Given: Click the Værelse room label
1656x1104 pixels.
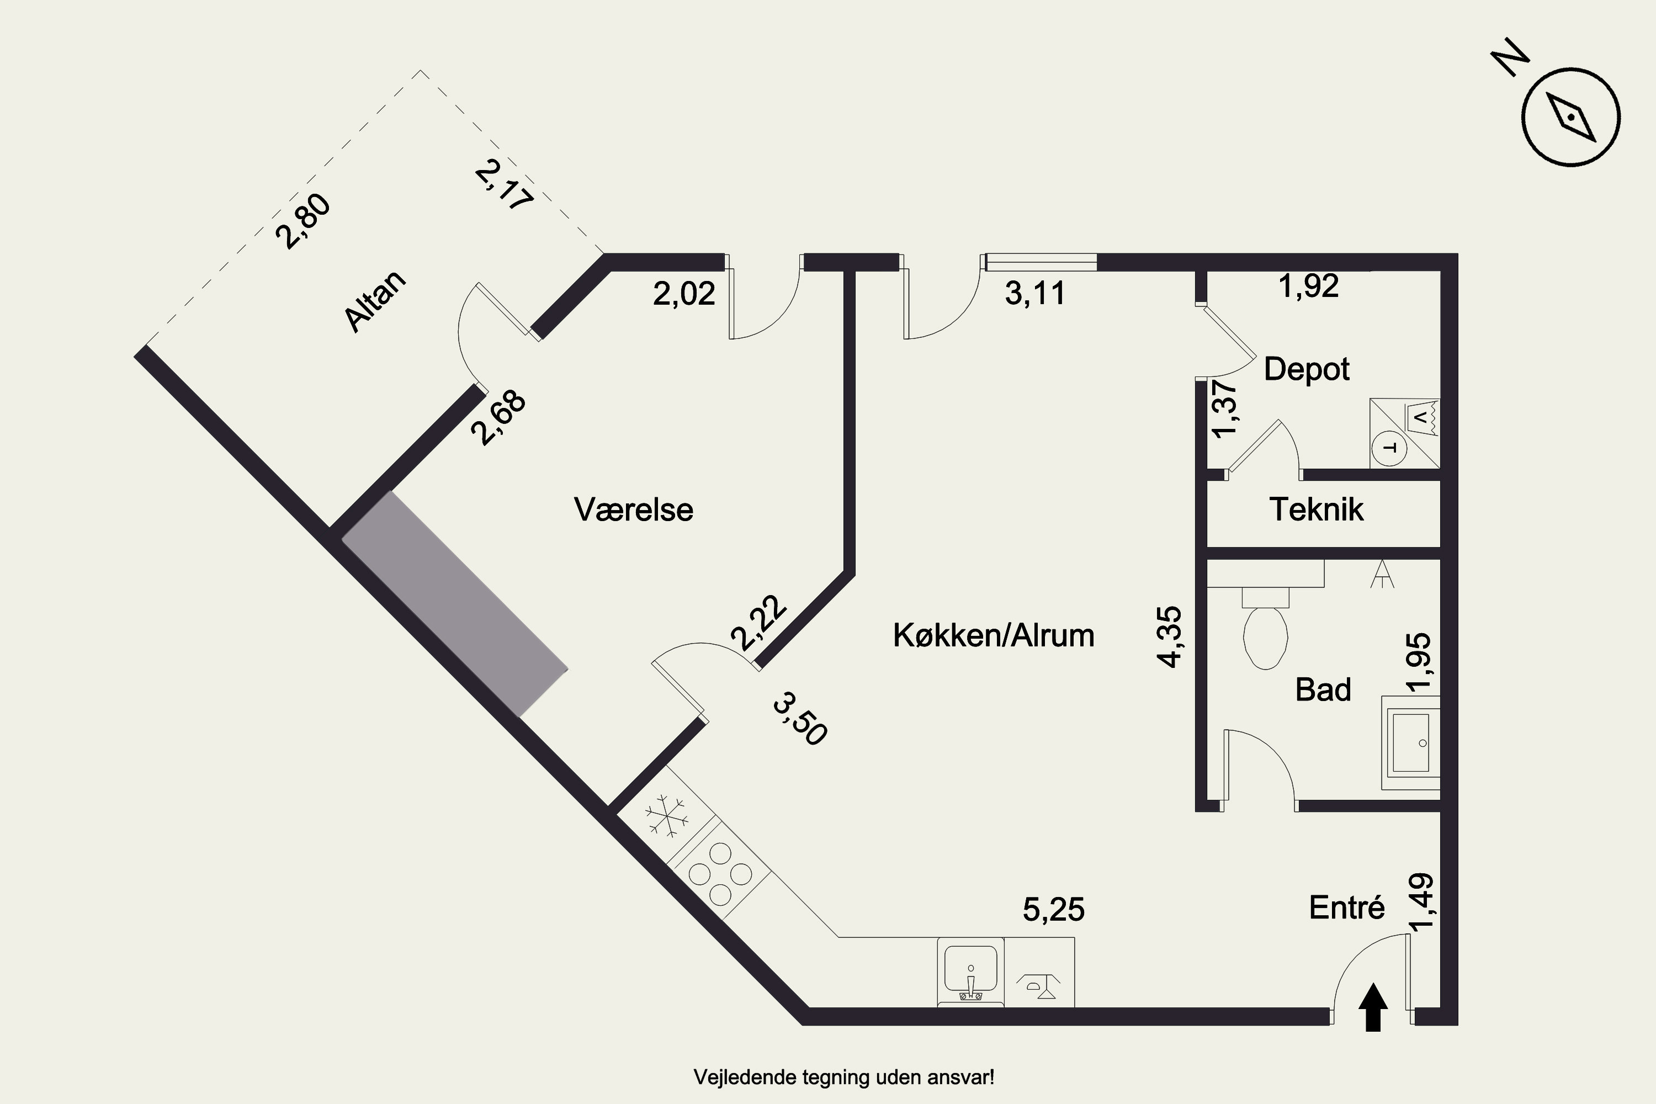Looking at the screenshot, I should [x=633, y=509].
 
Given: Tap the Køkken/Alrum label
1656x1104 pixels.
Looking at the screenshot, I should [x=994, y=636].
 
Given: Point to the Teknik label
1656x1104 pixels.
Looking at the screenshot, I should [x=1316, y=509].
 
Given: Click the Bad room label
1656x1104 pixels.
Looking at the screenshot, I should [x=1323, y=690].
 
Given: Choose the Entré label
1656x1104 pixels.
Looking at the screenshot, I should [x=1346, y=907].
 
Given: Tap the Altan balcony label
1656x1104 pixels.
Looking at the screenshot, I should [x=375, y=301].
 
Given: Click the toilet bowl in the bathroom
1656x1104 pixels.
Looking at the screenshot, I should [x=1265, y=637].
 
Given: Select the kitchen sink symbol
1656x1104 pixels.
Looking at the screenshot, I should [x=970, y=972].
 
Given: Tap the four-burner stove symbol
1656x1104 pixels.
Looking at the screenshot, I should [x=720, y=874].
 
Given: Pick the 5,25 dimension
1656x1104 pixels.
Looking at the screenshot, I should [x=1053, y=910].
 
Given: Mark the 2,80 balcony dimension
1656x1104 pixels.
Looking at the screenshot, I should [x=302, y=221].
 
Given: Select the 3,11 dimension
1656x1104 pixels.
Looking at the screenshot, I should [x=1035, y=293].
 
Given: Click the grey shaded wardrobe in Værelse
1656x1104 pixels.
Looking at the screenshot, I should [x=455, y=604].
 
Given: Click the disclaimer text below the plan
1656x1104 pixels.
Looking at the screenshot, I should [x=843, y=1078].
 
